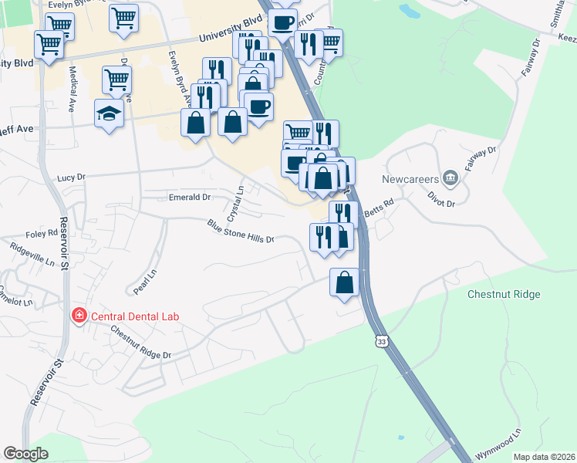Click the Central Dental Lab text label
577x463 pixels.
[x=136, y=315]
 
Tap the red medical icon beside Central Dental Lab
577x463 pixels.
[x=78, y=315]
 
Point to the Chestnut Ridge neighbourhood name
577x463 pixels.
[x=504, y=294]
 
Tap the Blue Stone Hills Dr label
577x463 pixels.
[x=241, y=231]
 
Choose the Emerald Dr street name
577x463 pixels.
[x=190, y=198]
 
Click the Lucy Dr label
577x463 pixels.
[x=71, y=177]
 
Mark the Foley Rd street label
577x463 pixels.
[x=42, y=232]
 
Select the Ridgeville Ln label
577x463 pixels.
[x=32, y=254]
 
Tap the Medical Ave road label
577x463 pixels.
[x=71, y=80]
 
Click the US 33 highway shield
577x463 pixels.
[x=380, y=340]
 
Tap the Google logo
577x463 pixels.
[x=26, y=454]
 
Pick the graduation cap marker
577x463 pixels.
[x=110, y=113]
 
